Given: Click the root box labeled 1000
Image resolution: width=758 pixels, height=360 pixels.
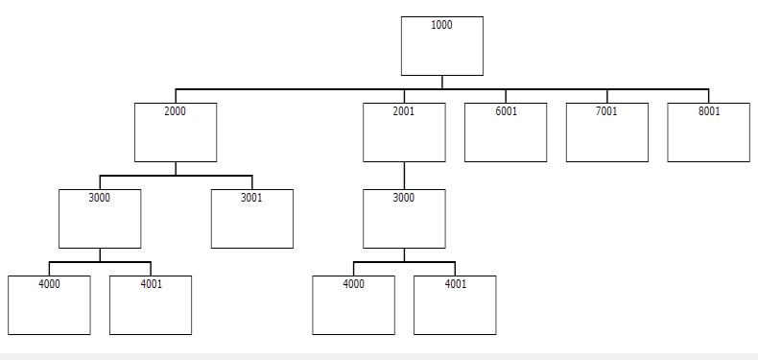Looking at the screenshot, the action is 441,46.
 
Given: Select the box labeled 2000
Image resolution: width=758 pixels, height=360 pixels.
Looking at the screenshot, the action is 176,132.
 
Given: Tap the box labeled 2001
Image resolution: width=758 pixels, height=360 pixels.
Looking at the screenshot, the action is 404,132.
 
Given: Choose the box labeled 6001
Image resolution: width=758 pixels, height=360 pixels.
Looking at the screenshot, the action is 506,132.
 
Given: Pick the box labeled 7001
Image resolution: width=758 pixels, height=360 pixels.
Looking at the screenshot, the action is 607,132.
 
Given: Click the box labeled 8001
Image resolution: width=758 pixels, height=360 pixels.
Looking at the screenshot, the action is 709,132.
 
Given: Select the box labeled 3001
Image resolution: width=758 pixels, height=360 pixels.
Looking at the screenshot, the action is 251,219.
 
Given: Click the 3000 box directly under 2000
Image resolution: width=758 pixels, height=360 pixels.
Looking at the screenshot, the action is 100,219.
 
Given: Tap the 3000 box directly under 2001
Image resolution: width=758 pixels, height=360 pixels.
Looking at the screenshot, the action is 404,219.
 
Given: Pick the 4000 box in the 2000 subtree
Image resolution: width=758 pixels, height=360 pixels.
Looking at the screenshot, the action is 49,305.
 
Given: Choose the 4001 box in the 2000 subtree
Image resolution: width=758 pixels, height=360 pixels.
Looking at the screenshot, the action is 151,305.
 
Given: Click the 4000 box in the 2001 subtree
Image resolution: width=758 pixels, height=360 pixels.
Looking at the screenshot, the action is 353,305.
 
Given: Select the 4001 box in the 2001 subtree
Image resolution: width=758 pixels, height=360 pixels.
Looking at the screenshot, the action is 455,305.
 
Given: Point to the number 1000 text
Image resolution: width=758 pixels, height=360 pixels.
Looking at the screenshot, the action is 441,25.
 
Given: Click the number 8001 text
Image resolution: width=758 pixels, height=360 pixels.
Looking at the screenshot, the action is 709,111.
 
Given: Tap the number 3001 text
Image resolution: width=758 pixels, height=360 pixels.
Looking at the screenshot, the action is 251,198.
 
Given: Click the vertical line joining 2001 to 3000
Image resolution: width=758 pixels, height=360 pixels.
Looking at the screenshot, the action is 404,176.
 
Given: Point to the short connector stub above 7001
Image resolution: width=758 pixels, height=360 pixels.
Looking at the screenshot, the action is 607,96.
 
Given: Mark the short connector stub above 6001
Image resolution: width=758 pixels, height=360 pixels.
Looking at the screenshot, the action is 506,96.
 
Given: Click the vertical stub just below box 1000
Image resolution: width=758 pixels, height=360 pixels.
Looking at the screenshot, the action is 441,83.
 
